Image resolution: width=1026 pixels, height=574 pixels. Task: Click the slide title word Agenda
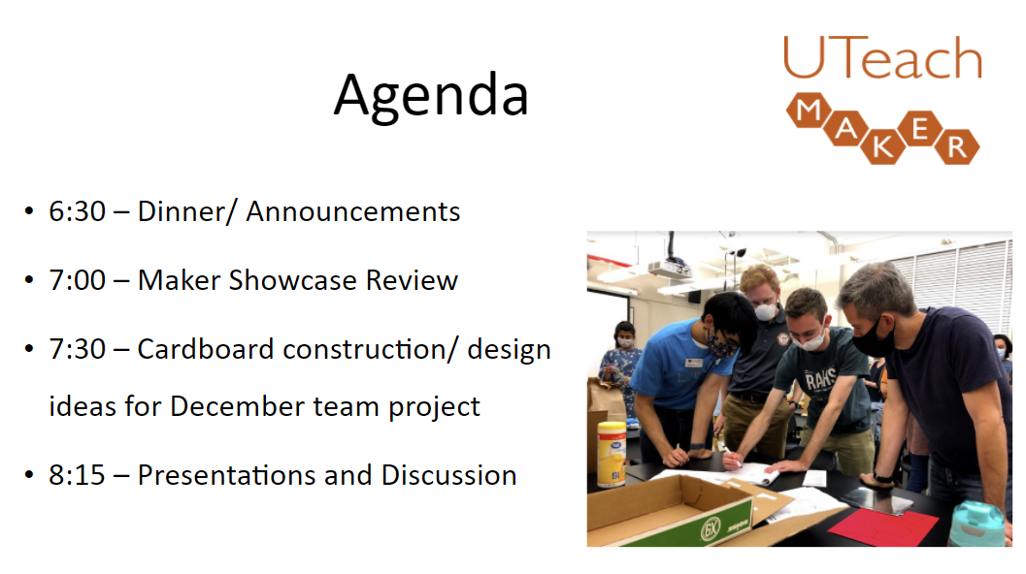(431, 96)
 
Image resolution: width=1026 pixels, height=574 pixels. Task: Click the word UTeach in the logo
(881, 59)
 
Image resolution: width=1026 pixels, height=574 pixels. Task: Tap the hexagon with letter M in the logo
(808, 112)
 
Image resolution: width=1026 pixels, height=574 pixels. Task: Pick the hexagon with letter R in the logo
(956, 146)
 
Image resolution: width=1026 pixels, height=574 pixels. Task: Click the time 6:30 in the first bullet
(77, 211)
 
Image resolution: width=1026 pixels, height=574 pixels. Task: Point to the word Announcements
(353, 211)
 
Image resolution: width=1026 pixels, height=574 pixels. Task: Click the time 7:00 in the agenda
(77, 280)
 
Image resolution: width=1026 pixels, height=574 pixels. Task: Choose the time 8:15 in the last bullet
(77, 475)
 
